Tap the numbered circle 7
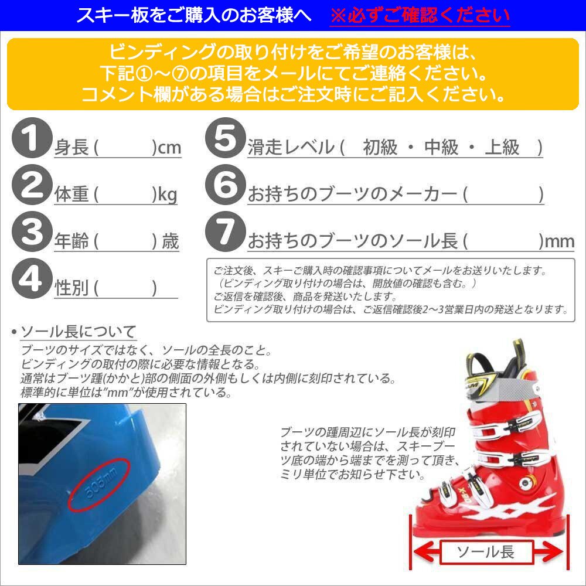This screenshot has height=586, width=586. pos(224,233)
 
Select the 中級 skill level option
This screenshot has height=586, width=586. pos(441,148)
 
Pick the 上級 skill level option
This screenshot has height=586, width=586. pos(502,148)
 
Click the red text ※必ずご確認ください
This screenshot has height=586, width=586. pos(420,15)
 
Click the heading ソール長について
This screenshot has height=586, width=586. pos(79,332)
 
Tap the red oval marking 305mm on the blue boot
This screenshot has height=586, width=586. pos(98,487)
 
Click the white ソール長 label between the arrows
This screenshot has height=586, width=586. pos(485,551)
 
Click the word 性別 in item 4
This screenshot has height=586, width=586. pos(71,288)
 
